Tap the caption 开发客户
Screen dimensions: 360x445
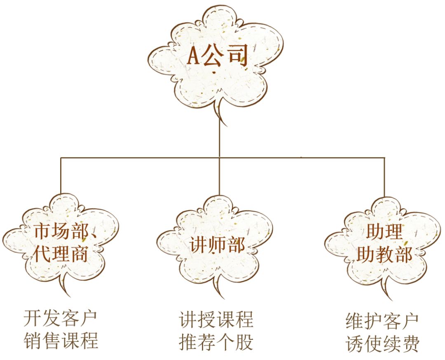pos(61,318)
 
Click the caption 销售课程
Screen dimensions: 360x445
pos(61,341)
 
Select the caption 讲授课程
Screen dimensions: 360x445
pos(216,320)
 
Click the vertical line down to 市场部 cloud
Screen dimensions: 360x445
pos(61,175)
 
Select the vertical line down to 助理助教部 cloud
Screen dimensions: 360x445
pos(384,176)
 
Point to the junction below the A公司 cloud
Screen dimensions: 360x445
pos(220,157)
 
